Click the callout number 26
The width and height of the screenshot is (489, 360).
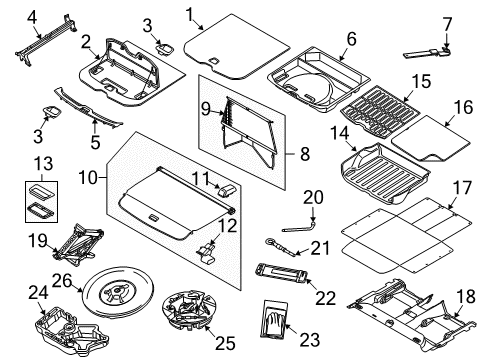coord(62,281)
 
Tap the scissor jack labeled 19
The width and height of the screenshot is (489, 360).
coord(79,245)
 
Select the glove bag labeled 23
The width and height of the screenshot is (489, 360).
coord(274,320)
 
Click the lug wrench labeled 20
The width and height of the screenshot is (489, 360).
coord(300,226)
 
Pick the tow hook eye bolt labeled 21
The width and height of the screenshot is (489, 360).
coord(280,247)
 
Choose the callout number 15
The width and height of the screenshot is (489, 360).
coord(421,82)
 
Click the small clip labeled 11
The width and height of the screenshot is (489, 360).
coord(226,191)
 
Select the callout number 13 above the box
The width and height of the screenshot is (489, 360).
coord(44,164)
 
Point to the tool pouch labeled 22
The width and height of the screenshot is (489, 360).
coord(281,272)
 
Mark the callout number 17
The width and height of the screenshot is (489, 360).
coord(462,188)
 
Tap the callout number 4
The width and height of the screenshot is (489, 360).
coord(32,17)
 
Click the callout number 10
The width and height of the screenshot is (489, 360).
coord(88,178)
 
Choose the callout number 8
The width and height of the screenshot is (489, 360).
coord(305,154)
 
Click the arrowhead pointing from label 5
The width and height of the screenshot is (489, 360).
coord(95,122)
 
